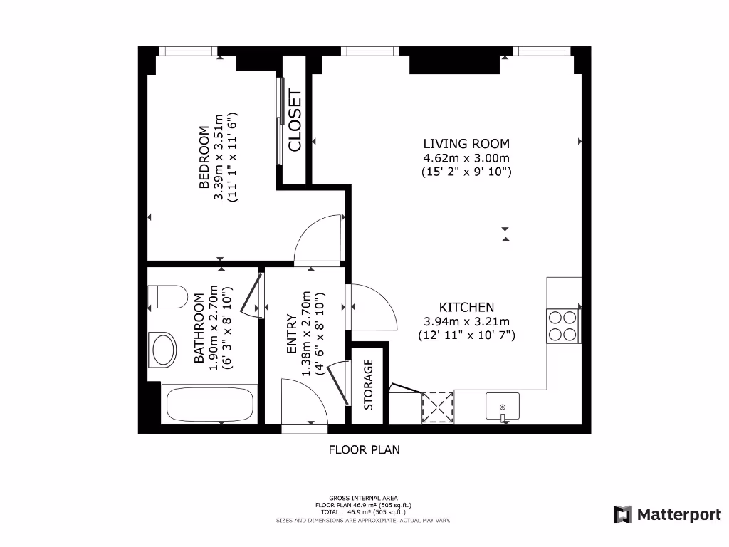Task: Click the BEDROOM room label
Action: [204, 157]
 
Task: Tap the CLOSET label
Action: [295, 120]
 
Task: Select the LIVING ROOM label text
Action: [466, 143]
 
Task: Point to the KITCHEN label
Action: [466, 307]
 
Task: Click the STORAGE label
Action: [368, 384]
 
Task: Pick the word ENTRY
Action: [291, 333]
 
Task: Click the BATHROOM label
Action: [199, 328]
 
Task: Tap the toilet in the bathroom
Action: [168, 297]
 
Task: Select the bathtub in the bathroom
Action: [210, 405]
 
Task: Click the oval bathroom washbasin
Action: [162, 350]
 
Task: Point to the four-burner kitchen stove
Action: [564, 326]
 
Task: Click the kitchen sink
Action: [503, 406]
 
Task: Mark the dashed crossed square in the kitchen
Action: [438, 407]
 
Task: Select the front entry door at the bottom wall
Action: [305, 402]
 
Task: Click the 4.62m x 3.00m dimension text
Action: [466, 157]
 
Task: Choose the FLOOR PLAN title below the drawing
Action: [364, 449]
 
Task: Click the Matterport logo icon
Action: [623, 514]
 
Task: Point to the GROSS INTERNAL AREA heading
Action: [363, 498]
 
